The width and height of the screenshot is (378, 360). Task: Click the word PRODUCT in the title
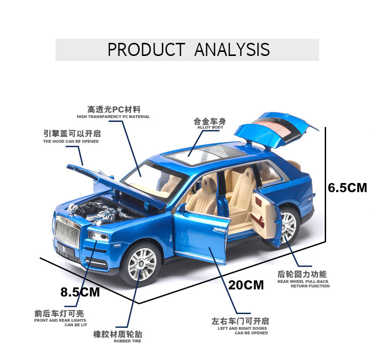[x=146, y=49]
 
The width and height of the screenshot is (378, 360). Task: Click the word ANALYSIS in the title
[x=232, y=49]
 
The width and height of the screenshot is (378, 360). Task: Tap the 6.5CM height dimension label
[x=347, y=188]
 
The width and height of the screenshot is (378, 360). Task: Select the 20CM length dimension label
[x=246, y=285]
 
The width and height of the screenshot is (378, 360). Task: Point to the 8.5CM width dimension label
[x=80, y=292]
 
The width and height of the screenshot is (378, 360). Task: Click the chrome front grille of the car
[x=66, y=232]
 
